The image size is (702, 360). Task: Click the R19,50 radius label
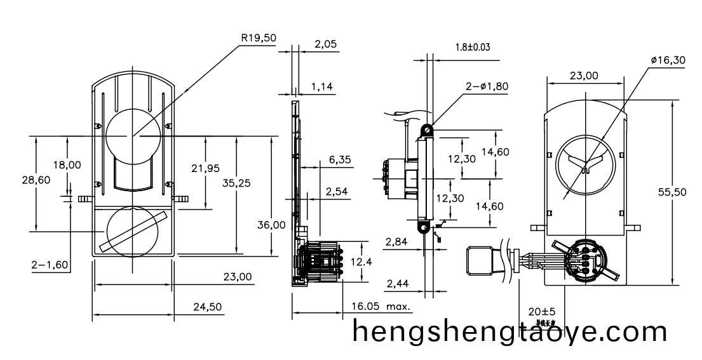click(x=258, y=38)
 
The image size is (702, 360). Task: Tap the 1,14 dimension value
click(x=322, y=86)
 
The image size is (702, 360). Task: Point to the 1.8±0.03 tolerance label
click(x=473, y=47)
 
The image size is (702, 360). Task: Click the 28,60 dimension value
click(x=36, y=180)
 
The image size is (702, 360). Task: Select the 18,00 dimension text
click(x=67, y=164)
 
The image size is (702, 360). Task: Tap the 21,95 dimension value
click(x=205, y=168)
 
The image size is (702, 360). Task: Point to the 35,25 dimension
click(x=236, y=183)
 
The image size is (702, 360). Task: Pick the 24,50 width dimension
click(x=208, y=307)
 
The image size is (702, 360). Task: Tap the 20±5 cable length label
click(x=542, y=312)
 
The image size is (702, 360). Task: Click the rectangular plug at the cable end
click(x=477, y=261)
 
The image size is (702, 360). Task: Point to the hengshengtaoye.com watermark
click(x=510, y=332)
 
